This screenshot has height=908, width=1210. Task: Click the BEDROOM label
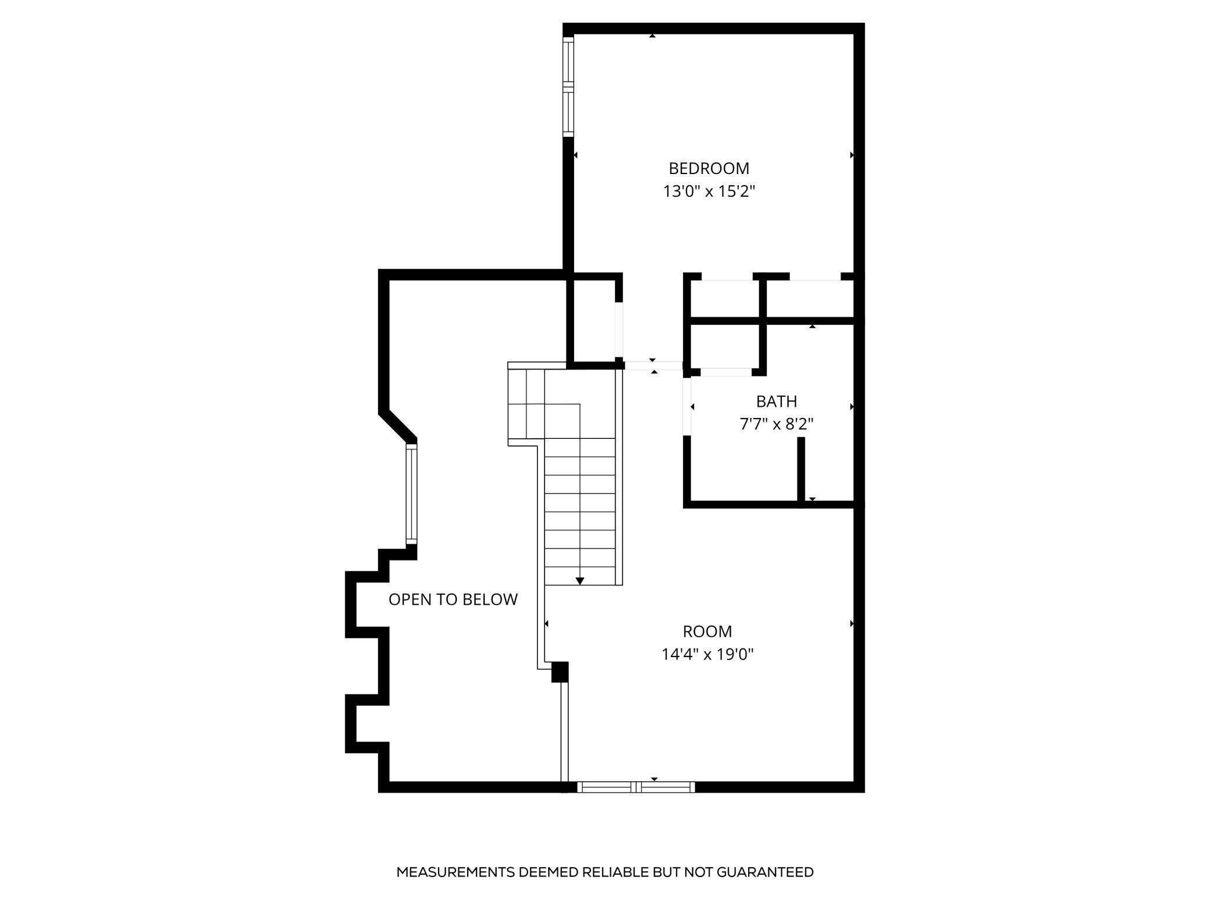(x=709, y=168)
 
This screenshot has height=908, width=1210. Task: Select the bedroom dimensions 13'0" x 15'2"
(x=709, y=191)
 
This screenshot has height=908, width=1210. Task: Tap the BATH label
(x=776, y=402)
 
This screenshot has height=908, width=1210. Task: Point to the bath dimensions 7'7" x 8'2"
(x=776, y=424)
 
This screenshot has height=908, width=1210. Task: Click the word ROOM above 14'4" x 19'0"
(x=707, y=631)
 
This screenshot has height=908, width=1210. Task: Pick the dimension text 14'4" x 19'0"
(x=707, y=654)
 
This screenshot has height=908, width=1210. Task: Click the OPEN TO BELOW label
(x=453, y=600)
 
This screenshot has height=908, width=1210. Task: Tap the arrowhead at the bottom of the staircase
(x=579, y=581)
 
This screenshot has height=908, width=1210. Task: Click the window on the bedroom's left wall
(x=568, y=87)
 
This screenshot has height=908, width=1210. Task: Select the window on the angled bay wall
(x=411, y=494)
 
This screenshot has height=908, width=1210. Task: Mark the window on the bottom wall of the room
(x=636, y=787)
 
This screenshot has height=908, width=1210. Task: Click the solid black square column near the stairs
(x=559, y=672)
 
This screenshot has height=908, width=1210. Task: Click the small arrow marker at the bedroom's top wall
(x=652, y=36)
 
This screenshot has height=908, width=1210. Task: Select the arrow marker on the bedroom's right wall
(x=852, y=155)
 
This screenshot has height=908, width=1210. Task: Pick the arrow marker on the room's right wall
(x=852, y=623)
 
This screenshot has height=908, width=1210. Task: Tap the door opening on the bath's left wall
(x=687, y=406)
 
